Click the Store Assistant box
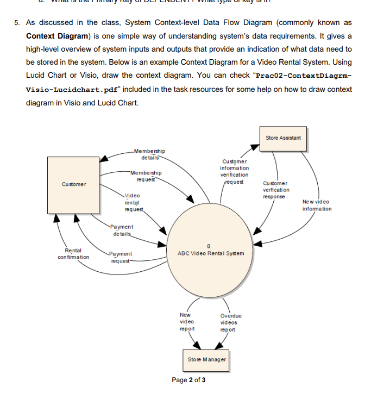point(283,138)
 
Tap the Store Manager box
point(207,359)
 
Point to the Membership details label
point(149,154)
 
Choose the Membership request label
point(145,176)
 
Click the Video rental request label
point(133,202)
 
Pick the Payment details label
point(121,229)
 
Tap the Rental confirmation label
point(73,253)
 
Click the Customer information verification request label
point(234,171)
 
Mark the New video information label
point(317,205)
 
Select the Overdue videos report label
point(231,322)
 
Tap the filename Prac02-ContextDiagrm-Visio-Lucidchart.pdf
point(189,81)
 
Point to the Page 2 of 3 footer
point(188,379)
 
